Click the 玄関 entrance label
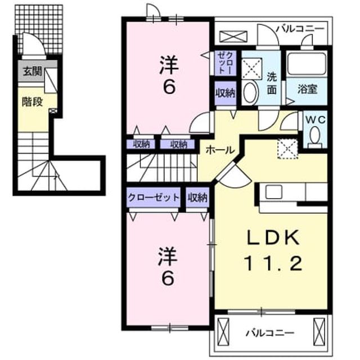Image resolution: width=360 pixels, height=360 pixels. point(32,71)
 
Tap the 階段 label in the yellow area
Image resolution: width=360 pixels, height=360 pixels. point(32,102)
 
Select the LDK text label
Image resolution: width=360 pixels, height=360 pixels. point(273,237)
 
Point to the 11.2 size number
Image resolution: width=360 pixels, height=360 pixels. point(273,264)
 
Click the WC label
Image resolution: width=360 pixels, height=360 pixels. point(315,119)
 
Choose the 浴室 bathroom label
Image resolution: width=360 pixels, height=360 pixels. point(307,89)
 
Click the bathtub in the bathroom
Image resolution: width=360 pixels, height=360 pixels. point(307,64)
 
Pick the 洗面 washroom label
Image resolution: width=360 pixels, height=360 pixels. point(272,84)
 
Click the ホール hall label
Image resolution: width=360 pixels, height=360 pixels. point(220,150)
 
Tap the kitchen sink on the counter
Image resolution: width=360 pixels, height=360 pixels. point(274,192)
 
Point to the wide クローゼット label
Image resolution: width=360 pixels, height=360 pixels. point(154,197)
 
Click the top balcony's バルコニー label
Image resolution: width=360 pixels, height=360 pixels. point(300,29)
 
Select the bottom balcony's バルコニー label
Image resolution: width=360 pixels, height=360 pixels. point(270,332)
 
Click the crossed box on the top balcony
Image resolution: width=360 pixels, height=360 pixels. point(233,37)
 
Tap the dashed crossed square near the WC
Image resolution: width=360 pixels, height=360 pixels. point(287,148)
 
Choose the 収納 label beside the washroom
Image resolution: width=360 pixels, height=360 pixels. point(226,93)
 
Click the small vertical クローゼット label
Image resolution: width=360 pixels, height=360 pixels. point(226,63)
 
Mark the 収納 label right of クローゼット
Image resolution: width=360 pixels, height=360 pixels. point(197,197)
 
